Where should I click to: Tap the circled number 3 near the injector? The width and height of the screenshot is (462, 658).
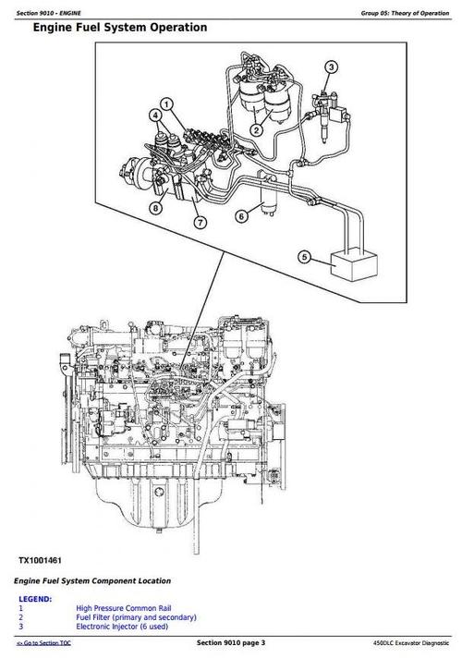pyautogui.click(x=332, y=66)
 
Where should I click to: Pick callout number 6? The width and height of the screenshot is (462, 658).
pyautogui.click(x=240, y=216)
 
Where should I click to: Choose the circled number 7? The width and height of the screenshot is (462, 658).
pyautogui.click(x=198, y=222)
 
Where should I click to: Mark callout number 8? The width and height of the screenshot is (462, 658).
pyautogui.click(x=155, y=208)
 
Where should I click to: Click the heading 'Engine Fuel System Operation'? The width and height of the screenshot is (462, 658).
pyautogui.click(x=119, y=28)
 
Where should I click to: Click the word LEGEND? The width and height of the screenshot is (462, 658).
pyautogui.click(x=35, y=600)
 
